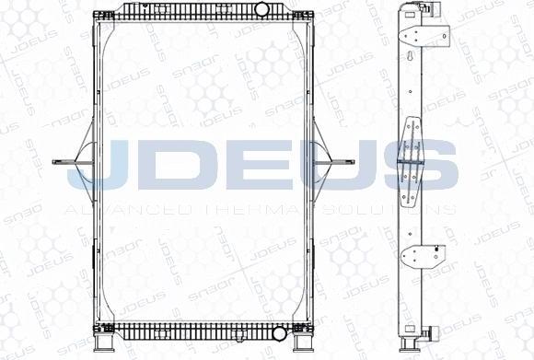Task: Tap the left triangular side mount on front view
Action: coord(82,162)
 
